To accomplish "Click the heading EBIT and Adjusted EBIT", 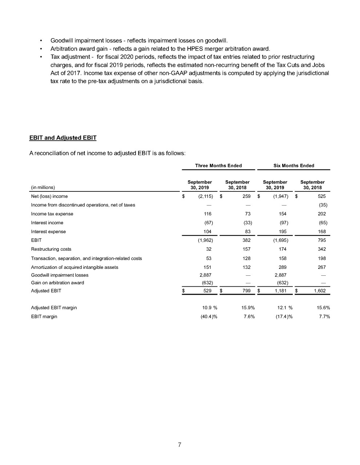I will pos(63,138).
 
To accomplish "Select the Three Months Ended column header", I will pos(218,166).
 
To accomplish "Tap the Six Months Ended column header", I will pos(293,166).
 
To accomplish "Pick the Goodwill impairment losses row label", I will pos(60,275).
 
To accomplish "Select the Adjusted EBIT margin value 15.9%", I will pos(248,308).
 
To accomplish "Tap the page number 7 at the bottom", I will pos(180,445).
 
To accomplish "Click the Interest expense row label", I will pos(48,232).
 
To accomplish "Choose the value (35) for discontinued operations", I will pos(323,205).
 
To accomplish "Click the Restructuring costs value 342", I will pos(321,249).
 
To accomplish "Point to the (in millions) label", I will pos(43,188).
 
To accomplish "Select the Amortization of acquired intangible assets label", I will pos(75,267).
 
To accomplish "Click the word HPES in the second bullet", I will pos(184,49).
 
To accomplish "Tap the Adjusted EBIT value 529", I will pos(207,291).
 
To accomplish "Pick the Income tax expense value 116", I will pos(208,214).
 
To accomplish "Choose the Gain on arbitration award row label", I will pos(57,283).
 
